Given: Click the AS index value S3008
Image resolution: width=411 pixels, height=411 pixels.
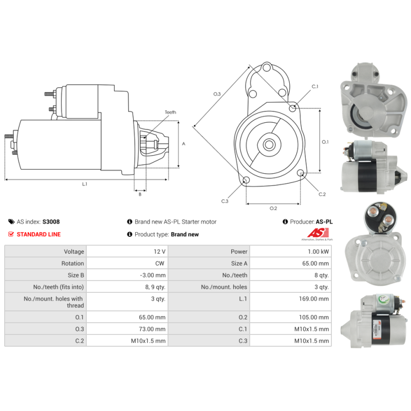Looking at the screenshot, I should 51,222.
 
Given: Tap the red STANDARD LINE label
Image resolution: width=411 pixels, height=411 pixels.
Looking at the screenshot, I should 39,234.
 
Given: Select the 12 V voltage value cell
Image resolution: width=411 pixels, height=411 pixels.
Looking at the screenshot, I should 159,252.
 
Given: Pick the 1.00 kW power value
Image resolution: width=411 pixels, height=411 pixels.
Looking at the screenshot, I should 319,252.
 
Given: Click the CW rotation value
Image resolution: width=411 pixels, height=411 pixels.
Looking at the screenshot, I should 160,264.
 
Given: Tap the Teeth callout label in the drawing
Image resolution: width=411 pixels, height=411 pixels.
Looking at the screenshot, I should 170,112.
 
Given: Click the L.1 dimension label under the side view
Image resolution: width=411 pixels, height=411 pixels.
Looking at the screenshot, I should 85,184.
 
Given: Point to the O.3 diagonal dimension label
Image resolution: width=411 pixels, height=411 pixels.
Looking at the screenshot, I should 217,94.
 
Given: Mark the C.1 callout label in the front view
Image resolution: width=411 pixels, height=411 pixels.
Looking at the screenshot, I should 315,86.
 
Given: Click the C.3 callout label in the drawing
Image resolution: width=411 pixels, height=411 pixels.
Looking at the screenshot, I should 225,201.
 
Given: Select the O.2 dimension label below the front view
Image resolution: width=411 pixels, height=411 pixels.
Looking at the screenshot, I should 273,208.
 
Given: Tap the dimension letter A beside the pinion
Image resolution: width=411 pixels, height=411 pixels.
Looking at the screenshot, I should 183,144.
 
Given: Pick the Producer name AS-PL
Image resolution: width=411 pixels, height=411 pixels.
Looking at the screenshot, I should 324,222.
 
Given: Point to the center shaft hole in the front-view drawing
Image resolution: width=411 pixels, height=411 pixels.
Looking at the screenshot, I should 269,144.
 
